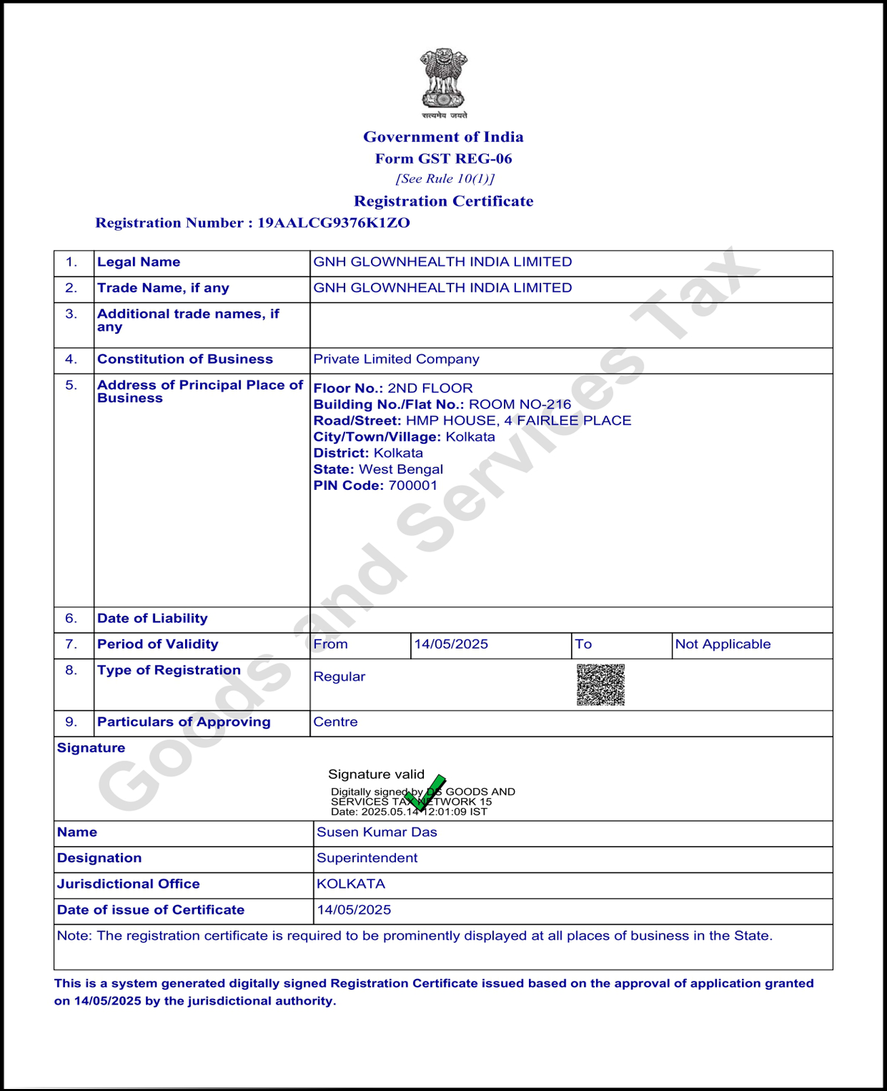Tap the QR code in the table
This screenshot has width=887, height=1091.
click(x=600, y=685)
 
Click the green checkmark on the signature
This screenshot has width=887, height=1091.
click(x=425, y=793)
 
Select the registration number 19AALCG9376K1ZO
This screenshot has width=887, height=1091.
click(x=334, y=223)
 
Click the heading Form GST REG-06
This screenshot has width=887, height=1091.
click(x=443, y=159)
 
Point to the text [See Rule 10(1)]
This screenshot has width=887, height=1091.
click(x=445, y=179)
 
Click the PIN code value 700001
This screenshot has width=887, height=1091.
click(x=413, y=486)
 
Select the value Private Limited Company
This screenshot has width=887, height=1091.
click(x=396, y=360)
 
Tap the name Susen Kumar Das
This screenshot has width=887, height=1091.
click(x=377, y=832)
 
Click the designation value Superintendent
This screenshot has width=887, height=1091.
click(x=367, y=858)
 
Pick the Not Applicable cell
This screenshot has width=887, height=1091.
click(x=723, y=645)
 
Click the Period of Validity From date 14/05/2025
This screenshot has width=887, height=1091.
click(x=451, y=645)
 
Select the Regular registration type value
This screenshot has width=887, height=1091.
click(x=339, y=677)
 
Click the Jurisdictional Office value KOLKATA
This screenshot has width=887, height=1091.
click(x=351, y=884)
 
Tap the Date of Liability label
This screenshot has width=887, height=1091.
click(x=153, y=619)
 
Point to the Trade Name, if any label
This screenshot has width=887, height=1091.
click(x=163, y=288)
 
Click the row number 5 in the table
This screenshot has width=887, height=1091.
click(x=71, y=385)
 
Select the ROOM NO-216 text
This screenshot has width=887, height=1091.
click(x=520, y=405)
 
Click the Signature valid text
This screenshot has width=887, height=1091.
click(x=376, y=775)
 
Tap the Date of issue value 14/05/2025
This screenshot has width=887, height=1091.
click(x=354, y=911)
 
